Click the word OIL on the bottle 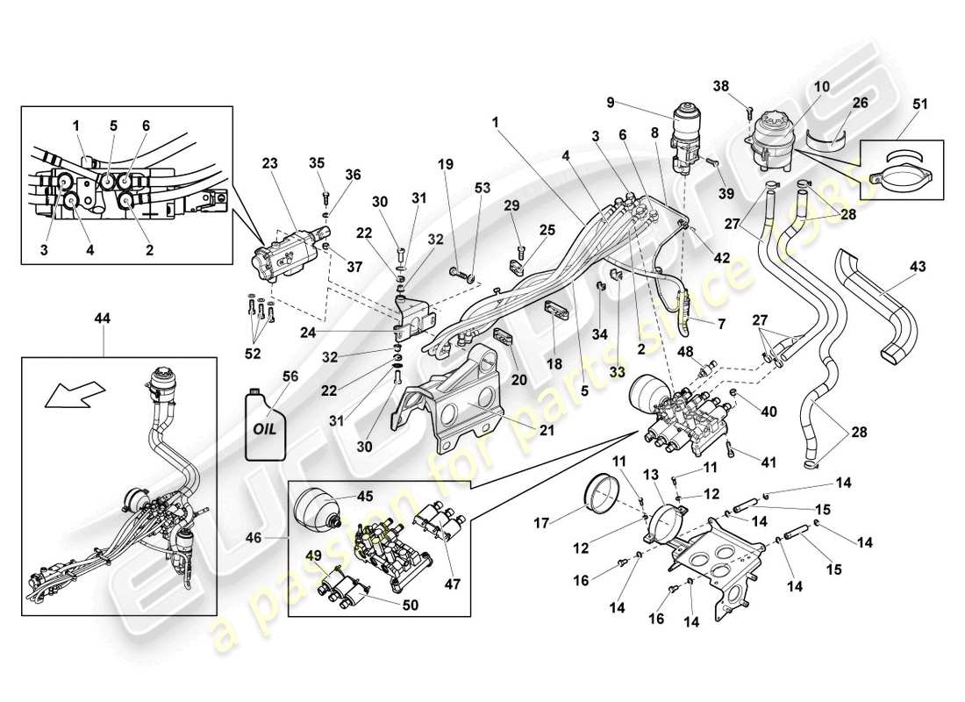coord(264,430)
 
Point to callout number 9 coord(635,101)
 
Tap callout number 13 coord(650,475)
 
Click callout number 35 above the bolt coord(317,161)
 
